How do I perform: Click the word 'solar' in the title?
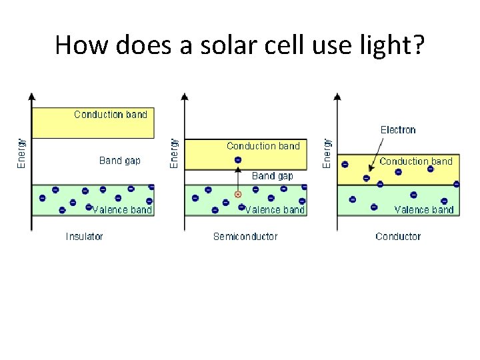(x=197, y=45)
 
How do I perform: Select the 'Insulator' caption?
(x=84, y=237)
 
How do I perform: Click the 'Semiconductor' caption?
(x=245, y=237)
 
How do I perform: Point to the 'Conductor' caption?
(x=398, y=237)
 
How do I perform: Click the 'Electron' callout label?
(x=398, y=130)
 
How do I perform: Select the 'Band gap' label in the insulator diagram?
(x=120, y=161)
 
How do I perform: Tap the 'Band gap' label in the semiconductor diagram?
(x=272, y=176)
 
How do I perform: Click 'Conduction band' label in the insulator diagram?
(x=111, y=115)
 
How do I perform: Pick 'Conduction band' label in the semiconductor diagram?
(x=263, y=146)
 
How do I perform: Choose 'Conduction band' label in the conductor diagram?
(x=416, y=161)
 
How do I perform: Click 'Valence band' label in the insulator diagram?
(x=122, y=210)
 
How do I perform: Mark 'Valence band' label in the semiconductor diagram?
(x=275, y=210)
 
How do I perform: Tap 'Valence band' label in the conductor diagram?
(x=424, y=210)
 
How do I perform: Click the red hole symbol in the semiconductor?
(x=237, y=195)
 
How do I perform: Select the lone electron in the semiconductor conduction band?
(x=238, y=160)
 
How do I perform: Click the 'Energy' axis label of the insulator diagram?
(x=21, y=153)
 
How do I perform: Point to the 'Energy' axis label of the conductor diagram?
(x=327, y=153)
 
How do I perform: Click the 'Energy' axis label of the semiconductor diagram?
(x=174, y=153)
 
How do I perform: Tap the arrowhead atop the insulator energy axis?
(x=31, y=97)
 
